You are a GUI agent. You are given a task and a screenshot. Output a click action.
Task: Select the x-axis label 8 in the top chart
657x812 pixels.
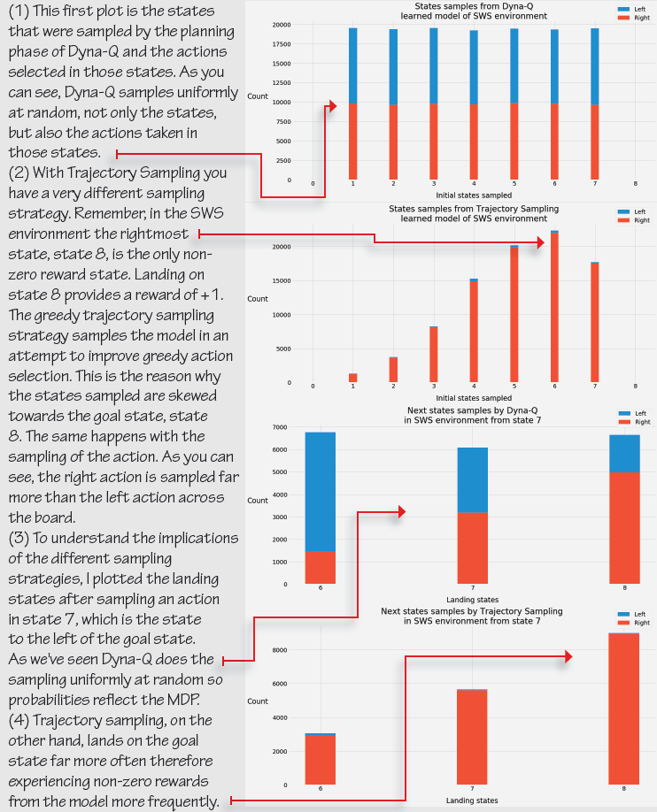click(x=636, y=184)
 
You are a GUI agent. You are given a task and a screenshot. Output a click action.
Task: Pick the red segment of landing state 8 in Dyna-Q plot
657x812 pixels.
click(x=625, y=527)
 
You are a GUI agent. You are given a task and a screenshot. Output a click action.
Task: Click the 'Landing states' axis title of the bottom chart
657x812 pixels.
click(x=473, y=801)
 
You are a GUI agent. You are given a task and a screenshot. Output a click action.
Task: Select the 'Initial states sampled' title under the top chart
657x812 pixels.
click(x=473, y=195)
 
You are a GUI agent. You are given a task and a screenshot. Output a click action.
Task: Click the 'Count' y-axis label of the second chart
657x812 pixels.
click(x=258, y=299)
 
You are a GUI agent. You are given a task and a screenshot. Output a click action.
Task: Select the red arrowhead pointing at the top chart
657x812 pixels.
click(x=332, y=106)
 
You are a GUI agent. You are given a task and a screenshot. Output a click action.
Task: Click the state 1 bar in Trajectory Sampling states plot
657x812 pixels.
click(x=352, y=378)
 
